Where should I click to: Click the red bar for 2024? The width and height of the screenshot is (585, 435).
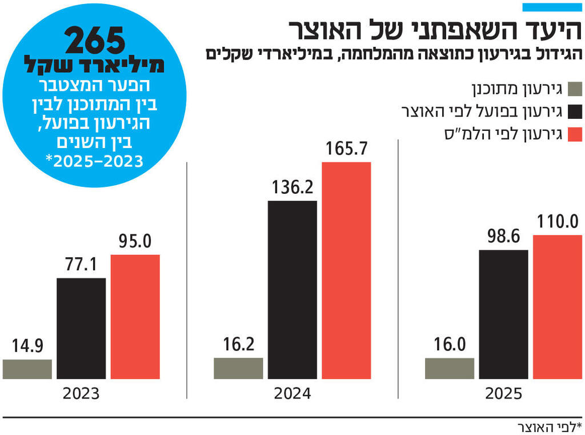[346, 271]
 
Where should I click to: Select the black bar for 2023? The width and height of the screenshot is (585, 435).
[81, 329]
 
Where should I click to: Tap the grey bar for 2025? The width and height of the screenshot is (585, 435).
[450, 369]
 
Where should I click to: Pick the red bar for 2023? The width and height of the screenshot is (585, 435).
[135, 317]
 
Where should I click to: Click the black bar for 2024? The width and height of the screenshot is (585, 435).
[292, 290]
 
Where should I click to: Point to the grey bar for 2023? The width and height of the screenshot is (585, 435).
[27, 369]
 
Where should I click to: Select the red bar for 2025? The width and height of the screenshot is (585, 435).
[558, 307]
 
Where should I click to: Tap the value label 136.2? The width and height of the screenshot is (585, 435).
[292, 189]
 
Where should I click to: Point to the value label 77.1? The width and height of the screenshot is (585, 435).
[81, 266]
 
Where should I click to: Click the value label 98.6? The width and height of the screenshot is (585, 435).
[503, 237]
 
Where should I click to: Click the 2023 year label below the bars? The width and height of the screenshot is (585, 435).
[81, 394]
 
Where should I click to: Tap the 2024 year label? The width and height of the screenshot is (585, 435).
[292, 394]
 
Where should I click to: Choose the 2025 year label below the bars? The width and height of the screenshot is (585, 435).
[503, 394]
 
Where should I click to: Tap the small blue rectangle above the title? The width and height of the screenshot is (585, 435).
[552, 7]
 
